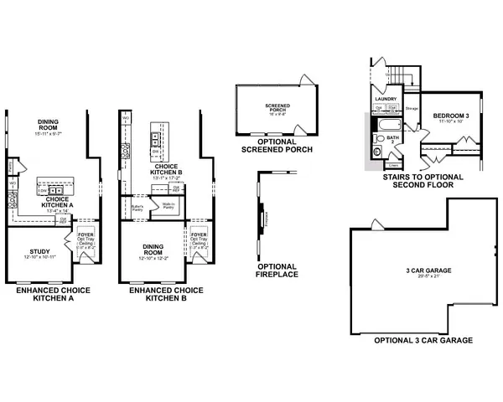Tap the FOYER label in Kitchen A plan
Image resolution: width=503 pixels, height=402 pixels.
pos(84,236)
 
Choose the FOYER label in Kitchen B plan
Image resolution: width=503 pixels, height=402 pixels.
pos(198,235)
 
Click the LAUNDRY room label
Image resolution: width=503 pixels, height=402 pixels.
pos(385,99)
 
